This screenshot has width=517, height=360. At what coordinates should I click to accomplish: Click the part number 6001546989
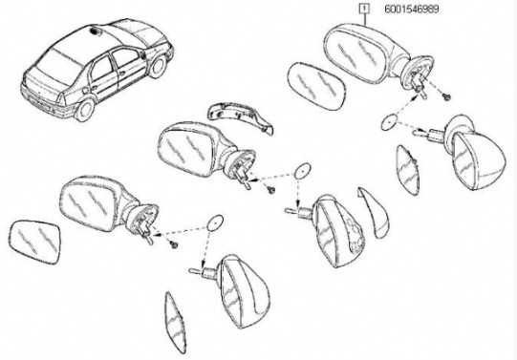click(x=412, y=9)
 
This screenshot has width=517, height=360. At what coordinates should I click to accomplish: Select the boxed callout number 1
click(x=364, y=9)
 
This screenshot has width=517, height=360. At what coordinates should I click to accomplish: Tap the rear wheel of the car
click(x=84, y=109)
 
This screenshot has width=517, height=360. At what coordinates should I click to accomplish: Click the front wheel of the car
click(x=159, y=66)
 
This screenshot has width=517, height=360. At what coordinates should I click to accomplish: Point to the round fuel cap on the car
click(x=85, y=90)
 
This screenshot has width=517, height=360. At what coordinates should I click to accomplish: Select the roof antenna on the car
click(x=96, y=32)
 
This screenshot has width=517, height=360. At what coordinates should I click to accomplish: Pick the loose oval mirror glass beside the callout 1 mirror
click(x=316, y=86)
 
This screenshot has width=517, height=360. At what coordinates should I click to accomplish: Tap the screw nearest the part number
click(x=447, y=97)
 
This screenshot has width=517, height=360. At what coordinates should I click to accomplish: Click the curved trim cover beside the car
click(x=239, y=116)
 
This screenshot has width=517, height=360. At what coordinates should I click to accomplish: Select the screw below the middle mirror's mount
click(x=271, y=190)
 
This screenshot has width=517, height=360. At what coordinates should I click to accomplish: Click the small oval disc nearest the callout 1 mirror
click(x=389, y=122)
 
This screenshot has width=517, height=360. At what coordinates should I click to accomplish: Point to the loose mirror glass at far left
click(x=34, y=243)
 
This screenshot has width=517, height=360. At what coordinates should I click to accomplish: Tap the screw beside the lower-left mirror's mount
click(x=174, y=244)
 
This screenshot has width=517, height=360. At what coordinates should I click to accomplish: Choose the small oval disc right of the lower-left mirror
click(x=215, y=223)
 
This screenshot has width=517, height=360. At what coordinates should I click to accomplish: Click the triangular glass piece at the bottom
click(x=175, y=322)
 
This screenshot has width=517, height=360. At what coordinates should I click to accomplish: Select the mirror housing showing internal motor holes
click(x=339, y=230)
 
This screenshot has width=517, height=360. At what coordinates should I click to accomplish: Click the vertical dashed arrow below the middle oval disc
click(x=298, y=194)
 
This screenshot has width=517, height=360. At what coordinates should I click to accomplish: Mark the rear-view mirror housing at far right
click(x=475, y=152)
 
